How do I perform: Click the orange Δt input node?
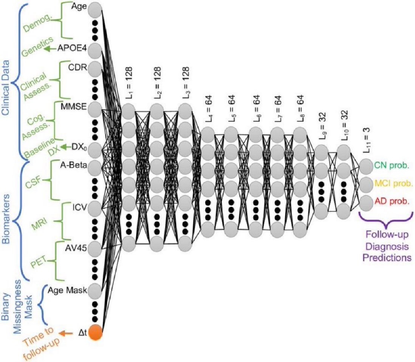[x=96, y=333]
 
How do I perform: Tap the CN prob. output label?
[x=392, y=165]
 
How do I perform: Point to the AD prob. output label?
[x=392, y=201]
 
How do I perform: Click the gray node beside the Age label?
[x=96, y=9]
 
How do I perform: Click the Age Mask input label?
[x=68, y=290]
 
